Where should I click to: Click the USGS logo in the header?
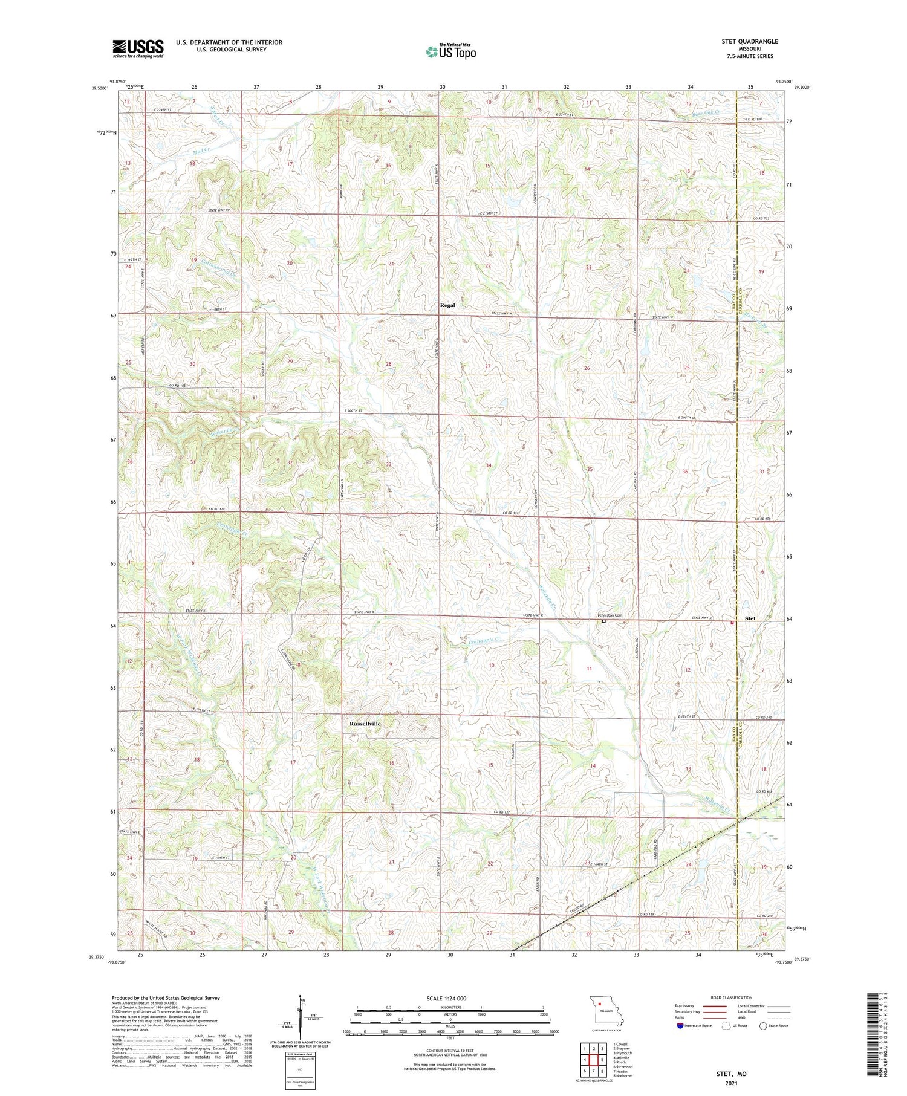138,48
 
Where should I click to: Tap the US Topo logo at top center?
450,51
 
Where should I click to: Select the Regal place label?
447,305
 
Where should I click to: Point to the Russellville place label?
365,724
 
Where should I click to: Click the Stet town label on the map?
750,618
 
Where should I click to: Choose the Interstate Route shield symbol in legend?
680,1025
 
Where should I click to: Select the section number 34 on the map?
488,465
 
